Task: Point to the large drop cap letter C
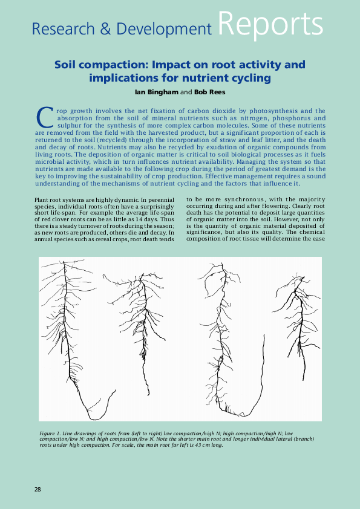(45, 116)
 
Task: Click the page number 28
(38, 488)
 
